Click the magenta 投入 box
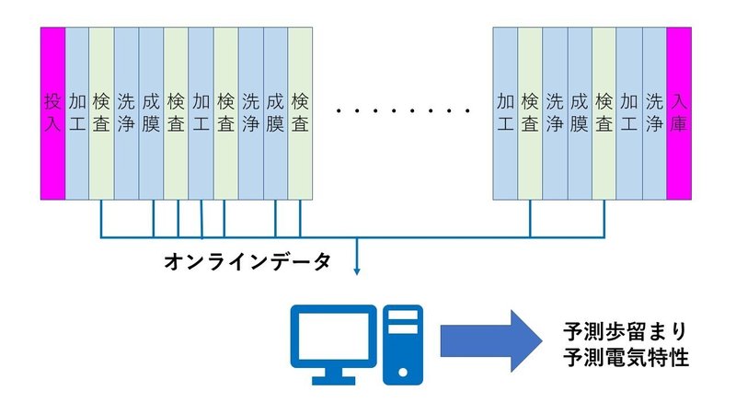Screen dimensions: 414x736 [x=52, y=112]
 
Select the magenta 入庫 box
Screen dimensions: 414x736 [x=679, y=112]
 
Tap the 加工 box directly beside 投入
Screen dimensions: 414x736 [x=77, y=112]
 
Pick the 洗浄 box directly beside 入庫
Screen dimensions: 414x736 [x=654, y=112]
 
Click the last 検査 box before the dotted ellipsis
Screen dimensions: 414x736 [x=301, y=112]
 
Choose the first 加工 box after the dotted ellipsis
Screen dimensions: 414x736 [x=505, y=112]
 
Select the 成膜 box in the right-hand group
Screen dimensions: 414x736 [x=580, y=112]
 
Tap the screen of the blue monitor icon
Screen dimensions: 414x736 [x=333, y=332]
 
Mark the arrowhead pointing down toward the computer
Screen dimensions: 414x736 [x=357, y=270]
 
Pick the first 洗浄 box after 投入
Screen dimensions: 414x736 [x=127, y=112]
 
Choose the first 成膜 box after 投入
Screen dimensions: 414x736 [x=152, y=112]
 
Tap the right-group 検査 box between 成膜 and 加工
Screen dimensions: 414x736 [x=604, y=112]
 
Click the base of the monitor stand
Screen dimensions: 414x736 [x=333, y=379]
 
